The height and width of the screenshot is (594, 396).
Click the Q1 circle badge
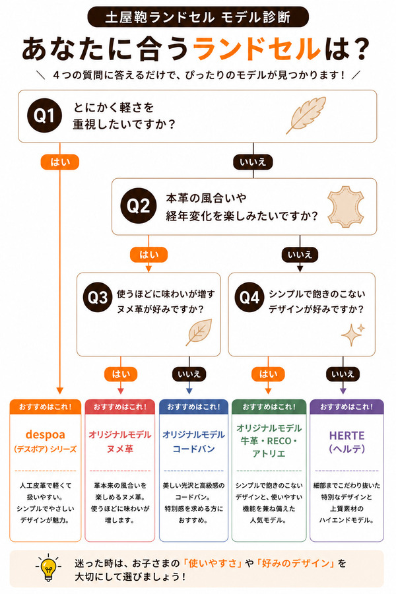pos(45,115)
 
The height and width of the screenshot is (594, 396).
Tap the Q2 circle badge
pos(139,206)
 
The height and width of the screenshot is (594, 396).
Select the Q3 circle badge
pos(98,297)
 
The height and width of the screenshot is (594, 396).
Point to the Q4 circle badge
pos(249,297)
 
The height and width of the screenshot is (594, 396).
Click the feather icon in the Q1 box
pos(306,115)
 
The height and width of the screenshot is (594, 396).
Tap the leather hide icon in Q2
pos(346,207)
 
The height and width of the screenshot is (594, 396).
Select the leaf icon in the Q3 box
pos(199,332)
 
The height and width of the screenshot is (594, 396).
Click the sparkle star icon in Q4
pos(353,335)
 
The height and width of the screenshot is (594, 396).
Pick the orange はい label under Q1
pos(60,162)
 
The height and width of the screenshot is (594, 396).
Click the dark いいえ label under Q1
pos(253,162)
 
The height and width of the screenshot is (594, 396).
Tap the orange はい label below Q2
pos(148,255)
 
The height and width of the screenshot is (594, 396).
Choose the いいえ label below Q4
pos(343,374)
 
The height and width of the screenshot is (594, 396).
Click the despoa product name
pos(45,434)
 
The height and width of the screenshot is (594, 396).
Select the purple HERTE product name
pos(346,436)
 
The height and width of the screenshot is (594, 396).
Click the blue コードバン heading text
pos(193,449)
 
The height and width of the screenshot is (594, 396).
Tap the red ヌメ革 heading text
pos(119,449)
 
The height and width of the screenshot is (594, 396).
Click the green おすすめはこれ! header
pos(269,407)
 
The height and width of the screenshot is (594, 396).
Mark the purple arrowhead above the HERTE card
pos(343,391)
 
